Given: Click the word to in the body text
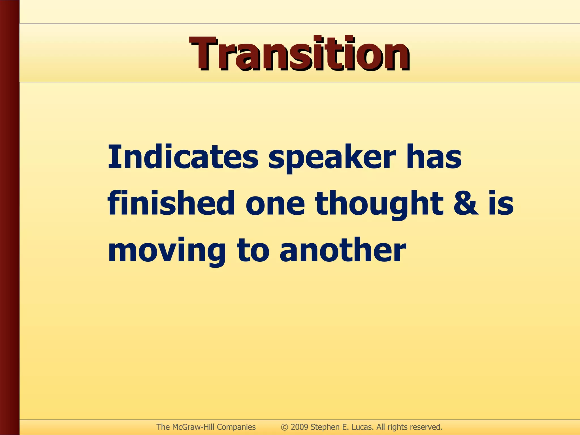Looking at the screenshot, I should coord(253,250).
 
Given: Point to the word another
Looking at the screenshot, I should coord(343,250).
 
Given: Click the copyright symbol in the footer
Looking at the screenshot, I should coord(284,427).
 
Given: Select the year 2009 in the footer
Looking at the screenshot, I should coord(299,427).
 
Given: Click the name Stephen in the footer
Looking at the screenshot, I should coord(325,427).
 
